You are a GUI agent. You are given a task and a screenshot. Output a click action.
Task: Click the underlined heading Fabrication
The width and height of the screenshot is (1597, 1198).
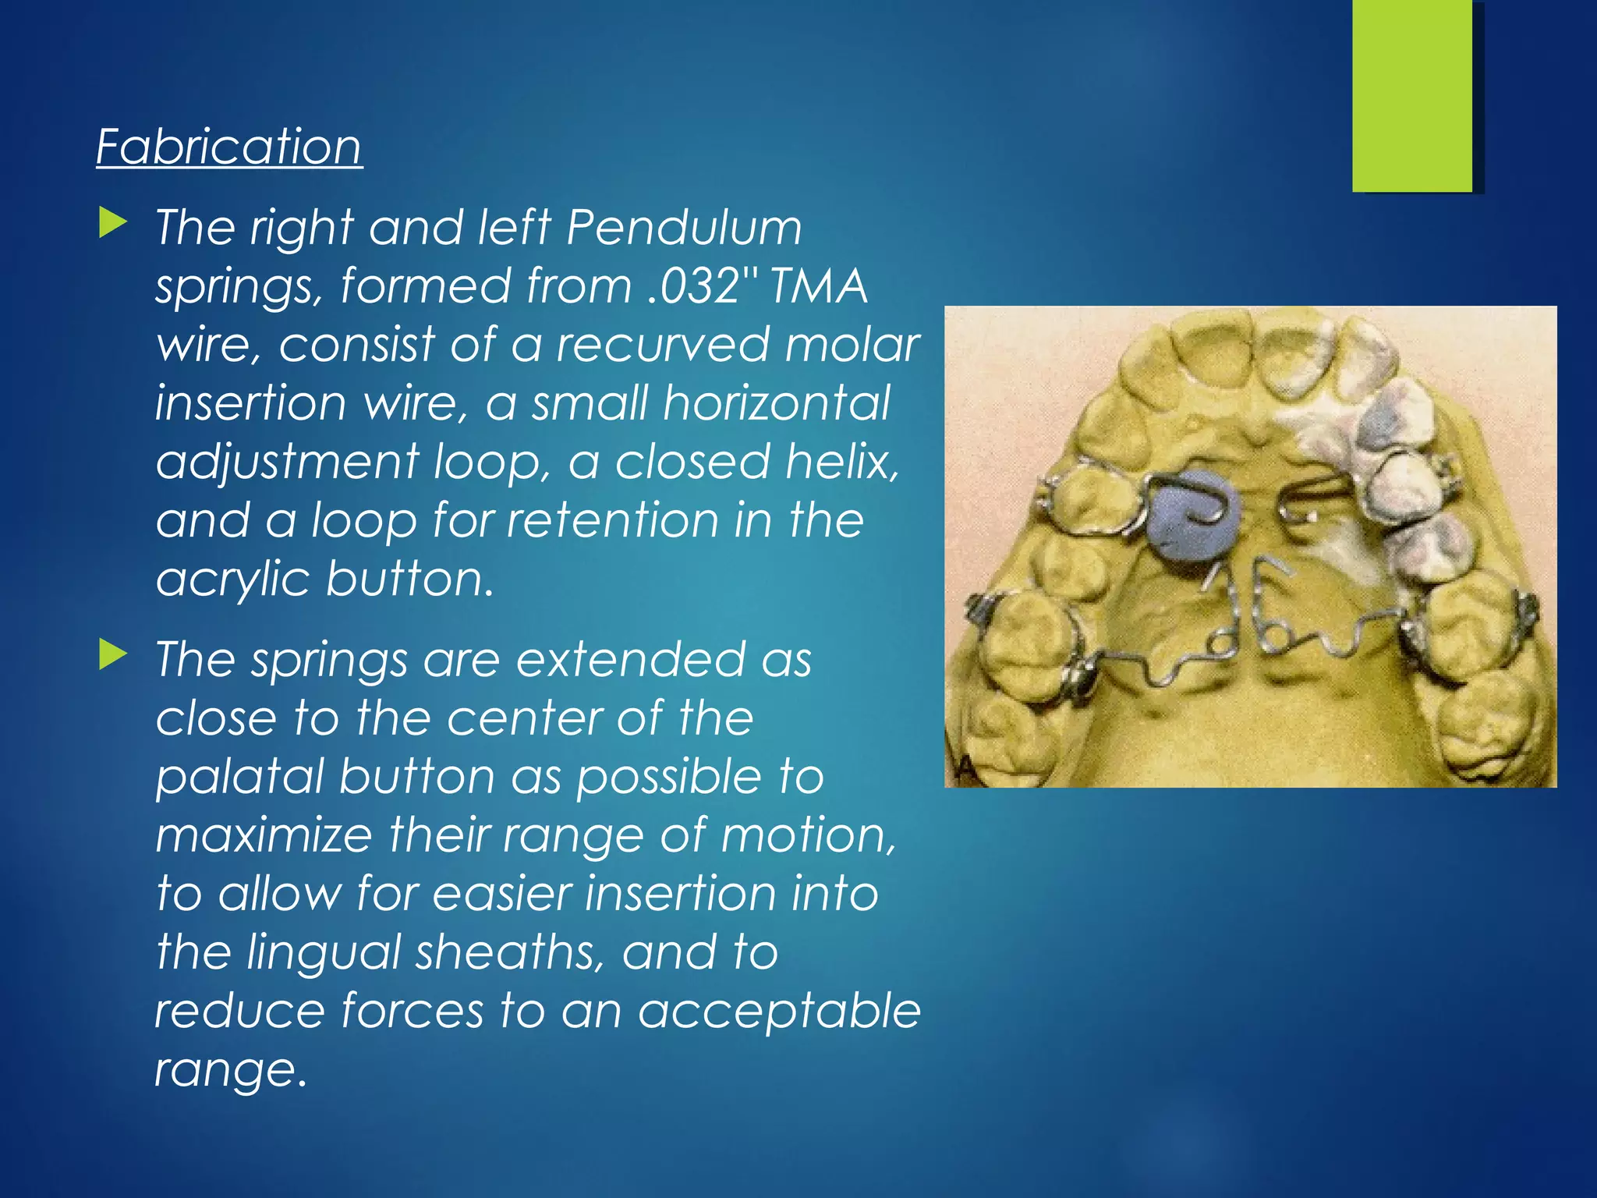(229, 147)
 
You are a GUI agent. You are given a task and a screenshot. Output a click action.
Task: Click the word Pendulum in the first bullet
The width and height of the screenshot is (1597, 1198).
(684, 228)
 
